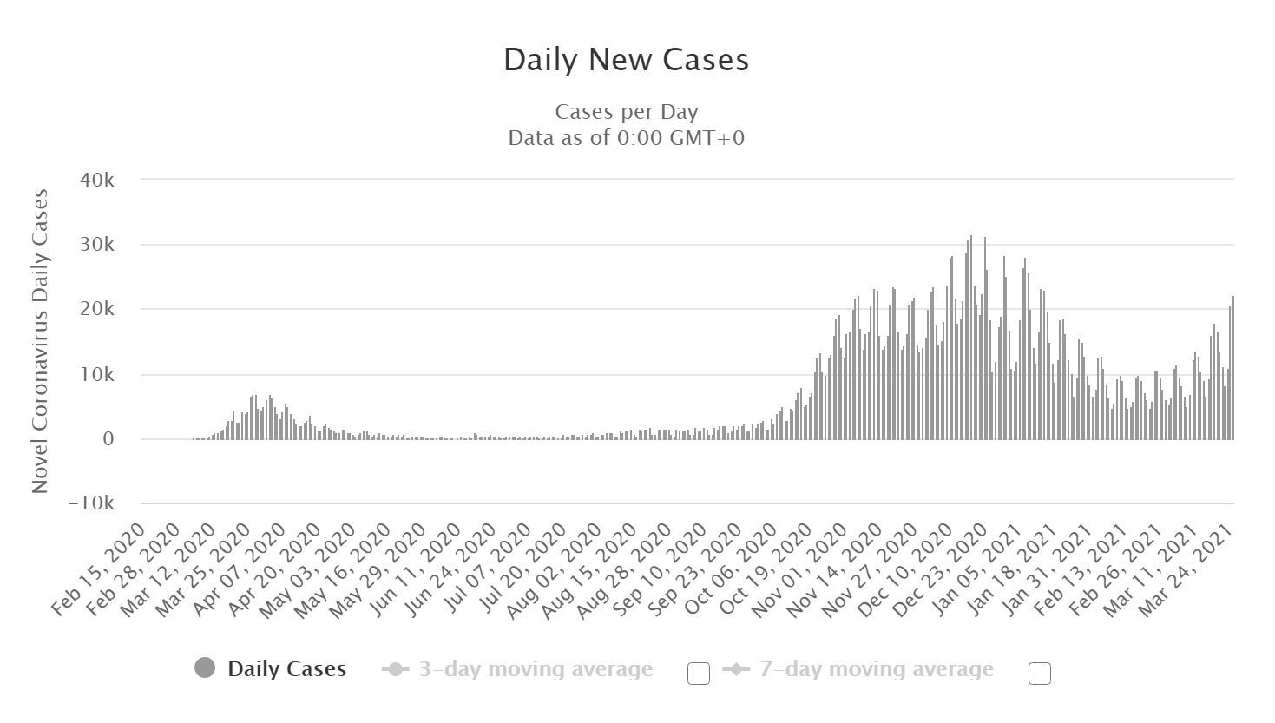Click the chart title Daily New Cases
pyautogui.click(x=626, y=60)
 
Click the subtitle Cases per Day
pyautogui.click(x=626, y=112)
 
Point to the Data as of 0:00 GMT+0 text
pyautogui.click(x=626, y=138)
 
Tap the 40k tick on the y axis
pyautogui.click(x=96, y=180)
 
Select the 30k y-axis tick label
pyautogui.click(x=96, y=245)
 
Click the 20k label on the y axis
pyautogui.click(x=96, y=309)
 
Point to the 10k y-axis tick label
pyautogui.click(x=96, y=375)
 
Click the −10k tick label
pyautogui.click(x=91, y=503)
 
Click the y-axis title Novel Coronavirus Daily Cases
pyautogui.click(x=40, y=341)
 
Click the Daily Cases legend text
pyautogui.click(x=286, y=669)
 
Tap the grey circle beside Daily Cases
pyautogui.click(x=205, y=668)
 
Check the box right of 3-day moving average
pyautogui.click(x=699, y=674)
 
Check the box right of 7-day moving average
pyautogui.click(x=1040, y=674)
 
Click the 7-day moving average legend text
pyautogui.click(x=876, y=669)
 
